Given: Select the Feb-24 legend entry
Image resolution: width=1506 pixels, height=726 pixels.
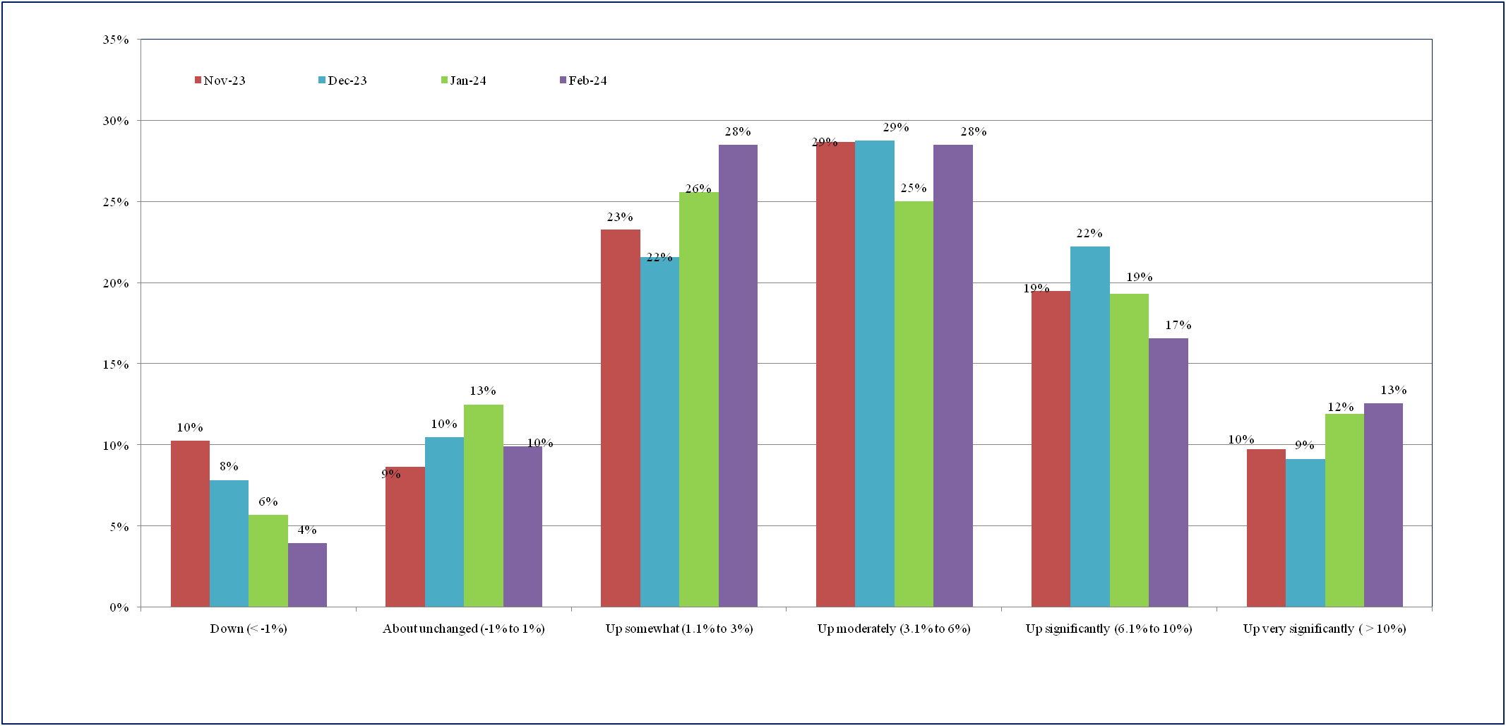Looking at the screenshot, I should tap(583, 81).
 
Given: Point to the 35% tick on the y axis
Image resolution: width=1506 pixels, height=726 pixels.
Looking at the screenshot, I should tap(116, 40).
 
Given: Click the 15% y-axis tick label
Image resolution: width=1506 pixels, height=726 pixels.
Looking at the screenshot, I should tap(116, 364).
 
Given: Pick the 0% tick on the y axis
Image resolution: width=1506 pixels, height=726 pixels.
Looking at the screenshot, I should tap(119, 607).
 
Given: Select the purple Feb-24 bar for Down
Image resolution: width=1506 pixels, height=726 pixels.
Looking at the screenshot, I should tap(307, 575).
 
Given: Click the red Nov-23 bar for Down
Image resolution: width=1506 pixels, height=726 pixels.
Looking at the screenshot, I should tap(190, 523).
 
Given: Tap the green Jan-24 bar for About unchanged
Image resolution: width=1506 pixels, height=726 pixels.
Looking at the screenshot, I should tap(483, 506).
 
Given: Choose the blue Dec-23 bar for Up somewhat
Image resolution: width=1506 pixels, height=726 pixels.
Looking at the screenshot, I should tap(659, 432).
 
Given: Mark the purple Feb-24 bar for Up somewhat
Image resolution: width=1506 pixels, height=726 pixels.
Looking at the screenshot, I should tap(738, 376).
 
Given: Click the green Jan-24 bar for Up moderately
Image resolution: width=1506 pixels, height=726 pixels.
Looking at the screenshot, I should tap(914, 404).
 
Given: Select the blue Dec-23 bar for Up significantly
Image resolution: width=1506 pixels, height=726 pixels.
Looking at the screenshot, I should tap(1089, 427).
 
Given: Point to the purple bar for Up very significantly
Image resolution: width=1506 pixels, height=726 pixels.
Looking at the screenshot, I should tap(1383, 505).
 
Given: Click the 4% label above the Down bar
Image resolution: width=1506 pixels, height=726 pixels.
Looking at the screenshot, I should tap(307, 530).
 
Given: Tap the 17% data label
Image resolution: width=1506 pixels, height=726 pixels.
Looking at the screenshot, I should tap(1178, 325).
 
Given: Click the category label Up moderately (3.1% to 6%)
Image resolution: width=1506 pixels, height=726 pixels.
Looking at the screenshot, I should tap(894, 629).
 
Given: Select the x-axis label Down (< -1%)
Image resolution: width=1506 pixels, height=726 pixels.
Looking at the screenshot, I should tap(249, 629).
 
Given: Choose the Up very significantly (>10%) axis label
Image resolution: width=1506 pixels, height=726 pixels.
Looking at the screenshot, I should tap(1325, 629).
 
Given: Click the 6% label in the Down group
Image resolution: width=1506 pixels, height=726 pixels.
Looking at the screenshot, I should tap(268, 501).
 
